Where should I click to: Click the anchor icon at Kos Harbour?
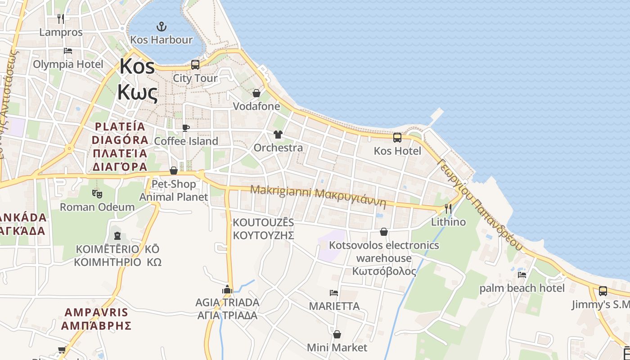(x=161, y=27)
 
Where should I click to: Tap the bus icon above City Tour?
(x=195, y=65)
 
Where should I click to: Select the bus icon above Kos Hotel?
(x=397, y=138)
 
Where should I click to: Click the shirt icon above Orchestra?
(x=278, y=135)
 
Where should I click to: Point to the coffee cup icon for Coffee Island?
(x=185, y=128)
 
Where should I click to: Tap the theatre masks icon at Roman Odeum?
(x=97, y=194)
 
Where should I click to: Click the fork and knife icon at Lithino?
(x=448, y=208)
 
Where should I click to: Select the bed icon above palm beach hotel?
(x=522, y=274)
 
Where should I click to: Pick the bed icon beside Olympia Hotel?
(x=68, y=51)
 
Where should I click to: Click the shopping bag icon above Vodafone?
(x=256, y=93)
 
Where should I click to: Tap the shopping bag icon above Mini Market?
(x=337, y=334)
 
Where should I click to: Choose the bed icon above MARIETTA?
(x=334, y=293)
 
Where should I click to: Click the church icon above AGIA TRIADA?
(x=227, y=289)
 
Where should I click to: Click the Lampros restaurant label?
(x=61, y=32)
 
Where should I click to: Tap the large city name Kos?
(x=137, y=67)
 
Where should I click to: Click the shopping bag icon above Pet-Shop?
(x=173, y=171)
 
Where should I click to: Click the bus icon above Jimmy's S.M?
(x=603, y=291)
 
